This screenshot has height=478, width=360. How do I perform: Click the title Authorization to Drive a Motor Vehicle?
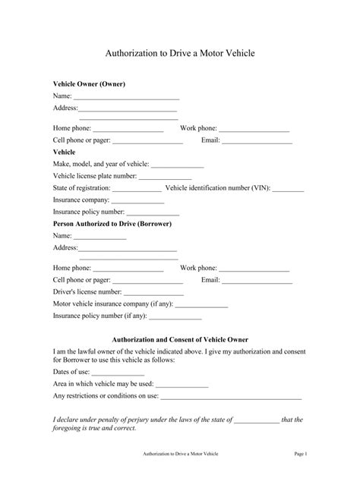coord(179,54)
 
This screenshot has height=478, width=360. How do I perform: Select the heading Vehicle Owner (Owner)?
coord(89,83)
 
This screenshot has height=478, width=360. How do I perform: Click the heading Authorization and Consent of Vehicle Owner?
coord(180,339)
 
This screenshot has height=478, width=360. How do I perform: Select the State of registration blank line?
coord(137,190)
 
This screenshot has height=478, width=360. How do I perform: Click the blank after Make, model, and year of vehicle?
coord(178,165)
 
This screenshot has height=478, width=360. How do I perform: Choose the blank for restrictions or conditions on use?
coord(231,398)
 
